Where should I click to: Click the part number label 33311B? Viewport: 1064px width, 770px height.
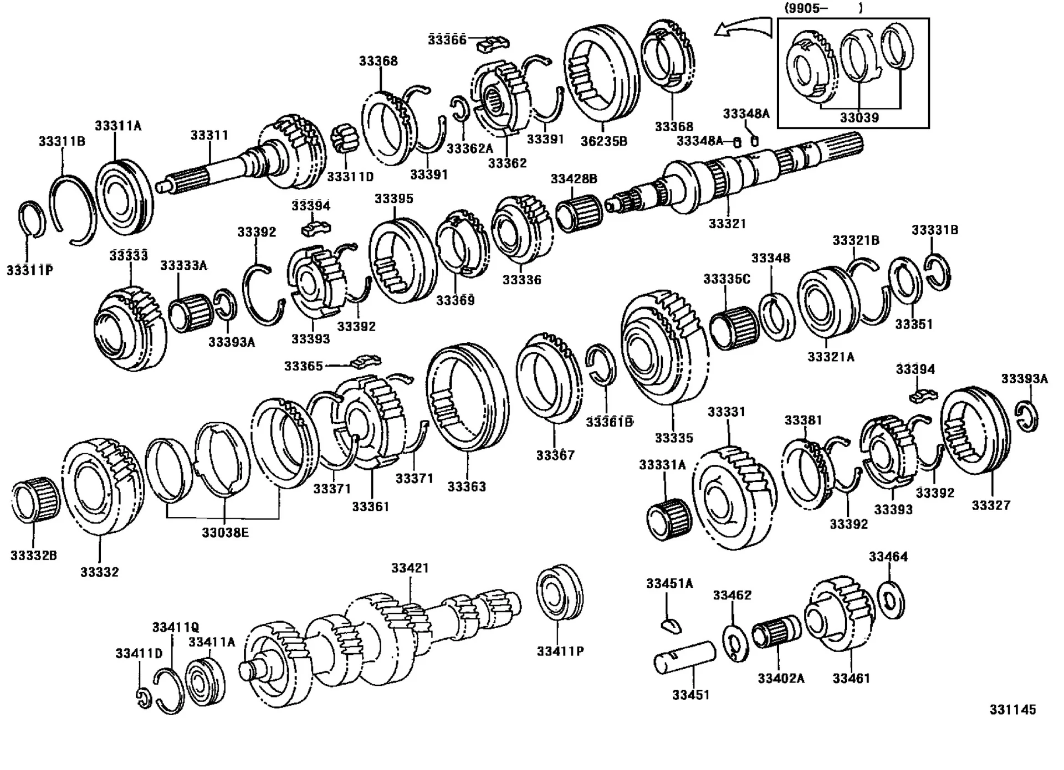click(x=62, y=141)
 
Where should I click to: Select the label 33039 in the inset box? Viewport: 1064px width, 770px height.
click(x=858, y=117)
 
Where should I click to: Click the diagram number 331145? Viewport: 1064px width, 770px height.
click(x=1012, y=710)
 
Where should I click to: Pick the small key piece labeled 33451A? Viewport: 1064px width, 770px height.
click(x=671, y=625)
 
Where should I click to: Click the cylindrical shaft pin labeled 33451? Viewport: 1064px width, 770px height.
click(x=685, y=657)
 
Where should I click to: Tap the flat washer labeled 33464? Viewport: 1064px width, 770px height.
click(x=891, y=599)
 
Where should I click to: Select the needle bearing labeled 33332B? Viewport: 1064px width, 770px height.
click(x=36, y=502)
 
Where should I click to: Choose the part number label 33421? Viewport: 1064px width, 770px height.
click(x=410, y=568)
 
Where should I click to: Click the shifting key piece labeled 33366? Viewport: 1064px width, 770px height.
click(x=493, y=44)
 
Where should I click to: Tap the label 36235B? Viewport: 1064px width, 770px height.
click(x=603, y=141)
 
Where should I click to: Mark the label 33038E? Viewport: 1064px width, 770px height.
click(x=225, y=533)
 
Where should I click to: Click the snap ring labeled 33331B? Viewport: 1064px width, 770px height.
click(x=937, y=271)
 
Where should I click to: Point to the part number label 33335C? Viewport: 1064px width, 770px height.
click(x=726, y=279)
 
